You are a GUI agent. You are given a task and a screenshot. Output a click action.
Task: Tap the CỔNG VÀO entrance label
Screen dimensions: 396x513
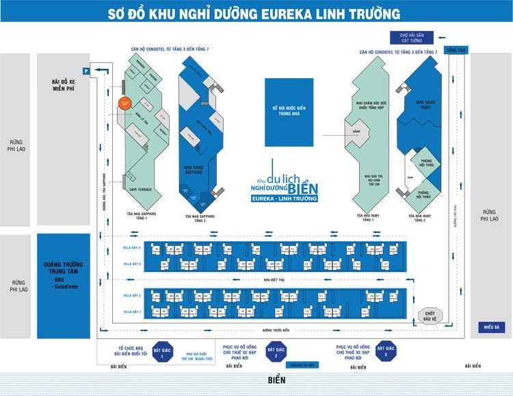(456, 50)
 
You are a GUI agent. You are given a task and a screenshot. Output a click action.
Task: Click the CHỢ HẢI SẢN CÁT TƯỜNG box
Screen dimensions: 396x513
(408, 36)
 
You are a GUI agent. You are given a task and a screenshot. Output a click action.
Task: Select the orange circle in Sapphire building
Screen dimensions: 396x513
(124, 103)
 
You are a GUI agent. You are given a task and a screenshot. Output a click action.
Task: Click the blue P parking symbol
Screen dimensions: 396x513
(86, 71)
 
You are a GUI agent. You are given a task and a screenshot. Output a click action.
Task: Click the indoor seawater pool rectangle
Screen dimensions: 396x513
(288, 112)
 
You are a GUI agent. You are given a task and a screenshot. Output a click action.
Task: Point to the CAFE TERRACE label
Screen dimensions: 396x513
(141, 189)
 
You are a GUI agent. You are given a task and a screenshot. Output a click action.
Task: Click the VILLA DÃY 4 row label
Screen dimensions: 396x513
(132, 247)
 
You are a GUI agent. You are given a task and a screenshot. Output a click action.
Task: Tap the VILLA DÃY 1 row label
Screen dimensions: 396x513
(132, 312)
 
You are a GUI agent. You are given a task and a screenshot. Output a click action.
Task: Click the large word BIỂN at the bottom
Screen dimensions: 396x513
(276, 380)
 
